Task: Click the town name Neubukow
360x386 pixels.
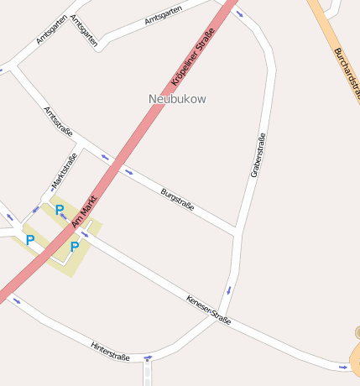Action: [x=177, y=99]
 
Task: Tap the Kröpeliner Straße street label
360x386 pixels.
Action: [x=193, y=57]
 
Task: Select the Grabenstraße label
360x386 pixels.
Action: [x=258, y=154]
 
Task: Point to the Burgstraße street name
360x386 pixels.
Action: [x=177, y=199]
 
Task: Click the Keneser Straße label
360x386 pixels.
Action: [x=208, y=308]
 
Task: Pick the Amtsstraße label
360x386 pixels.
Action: [x=58, y=121]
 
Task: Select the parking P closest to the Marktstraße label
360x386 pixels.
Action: [x=60, y=210]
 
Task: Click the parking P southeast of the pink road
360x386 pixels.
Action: [x=74, y=247]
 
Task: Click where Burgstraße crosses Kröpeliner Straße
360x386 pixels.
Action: [x=117, y=164]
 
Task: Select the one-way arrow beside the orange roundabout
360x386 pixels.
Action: [x=342, y=366]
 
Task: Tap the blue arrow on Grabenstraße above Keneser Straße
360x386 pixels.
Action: [x=228, y=290]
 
